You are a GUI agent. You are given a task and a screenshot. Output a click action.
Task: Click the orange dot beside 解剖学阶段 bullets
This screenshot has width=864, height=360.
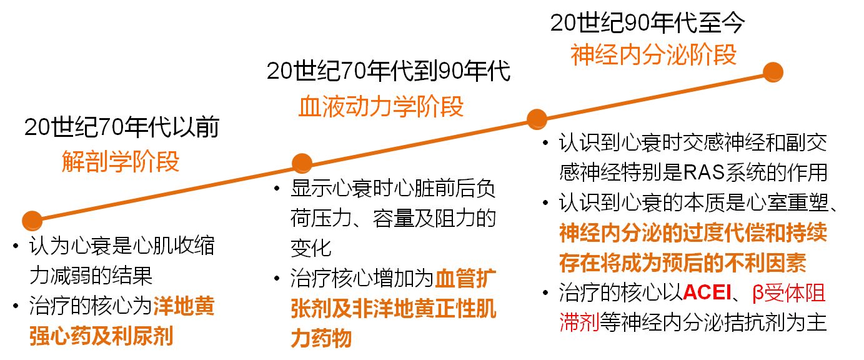click(x=31, y=220)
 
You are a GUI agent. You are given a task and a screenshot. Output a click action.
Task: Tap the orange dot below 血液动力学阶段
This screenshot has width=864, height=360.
click(x=302, y=163)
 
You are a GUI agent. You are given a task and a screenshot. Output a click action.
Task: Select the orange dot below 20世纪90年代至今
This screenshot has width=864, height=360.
click(x=773, y=71)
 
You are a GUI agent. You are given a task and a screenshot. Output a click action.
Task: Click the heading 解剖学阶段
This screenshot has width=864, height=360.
click(x=121, y=162)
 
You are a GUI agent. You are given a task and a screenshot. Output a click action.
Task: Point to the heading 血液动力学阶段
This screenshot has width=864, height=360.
click(x=381, y=106)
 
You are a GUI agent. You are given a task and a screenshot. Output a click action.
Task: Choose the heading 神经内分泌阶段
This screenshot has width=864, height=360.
click(x=653, y=55)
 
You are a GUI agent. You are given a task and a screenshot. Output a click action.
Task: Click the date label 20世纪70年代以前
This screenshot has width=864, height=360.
click(x=122, y=127)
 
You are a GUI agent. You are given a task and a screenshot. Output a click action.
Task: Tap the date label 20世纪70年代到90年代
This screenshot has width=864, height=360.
click(x=388, y=71)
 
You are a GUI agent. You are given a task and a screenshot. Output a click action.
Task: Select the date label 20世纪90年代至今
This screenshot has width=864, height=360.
click(x=647, y=23)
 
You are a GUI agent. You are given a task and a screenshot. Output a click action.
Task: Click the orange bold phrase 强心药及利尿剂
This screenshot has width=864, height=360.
click(x=101, y=336)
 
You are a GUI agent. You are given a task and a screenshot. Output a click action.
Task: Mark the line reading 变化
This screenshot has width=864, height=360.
click(x=310, y=248)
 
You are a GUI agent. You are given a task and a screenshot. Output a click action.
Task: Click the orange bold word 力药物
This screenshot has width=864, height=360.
click(x=320, y=338)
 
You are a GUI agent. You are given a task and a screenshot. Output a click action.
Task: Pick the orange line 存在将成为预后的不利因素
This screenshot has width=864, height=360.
click(x=683, y=263)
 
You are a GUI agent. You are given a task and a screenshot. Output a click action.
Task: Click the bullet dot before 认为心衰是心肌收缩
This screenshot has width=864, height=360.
click(x=16, y=246)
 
